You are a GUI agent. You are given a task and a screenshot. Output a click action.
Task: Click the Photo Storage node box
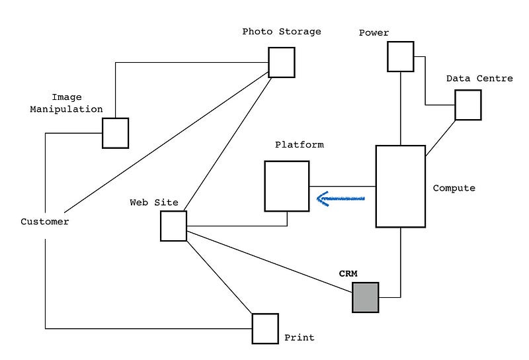[281, 62]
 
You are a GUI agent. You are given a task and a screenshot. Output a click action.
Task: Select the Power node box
[401, 56]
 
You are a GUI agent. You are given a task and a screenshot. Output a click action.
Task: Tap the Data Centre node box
[468, 105]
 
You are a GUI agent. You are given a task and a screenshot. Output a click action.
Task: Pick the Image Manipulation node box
[115, 133]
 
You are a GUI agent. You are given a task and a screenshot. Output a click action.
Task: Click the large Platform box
[287, 186]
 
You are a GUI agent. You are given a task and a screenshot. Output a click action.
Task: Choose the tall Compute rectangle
[400, 187]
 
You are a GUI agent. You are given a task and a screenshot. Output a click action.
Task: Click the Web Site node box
[173, 226]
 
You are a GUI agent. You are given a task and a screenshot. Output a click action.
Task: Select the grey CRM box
[365, 297]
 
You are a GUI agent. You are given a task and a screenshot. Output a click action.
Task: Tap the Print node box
[265, 328]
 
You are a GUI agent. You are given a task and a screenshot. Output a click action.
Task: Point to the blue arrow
[341, 198]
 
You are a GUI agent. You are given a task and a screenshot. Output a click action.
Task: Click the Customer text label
[44, 222]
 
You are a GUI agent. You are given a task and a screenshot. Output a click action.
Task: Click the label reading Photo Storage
[282, 31]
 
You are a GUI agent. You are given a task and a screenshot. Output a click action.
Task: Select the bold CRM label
[348, 273]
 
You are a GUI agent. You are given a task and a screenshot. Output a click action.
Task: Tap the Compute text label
[454, 188]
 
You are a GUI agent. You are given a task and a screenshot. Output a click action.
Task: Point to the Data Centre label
[479, 78]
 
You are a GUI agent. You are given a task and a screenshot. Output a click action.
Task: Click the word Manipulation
[66, 109]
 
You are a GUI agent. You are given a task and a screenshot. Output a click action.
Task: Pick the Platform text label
[300, 144]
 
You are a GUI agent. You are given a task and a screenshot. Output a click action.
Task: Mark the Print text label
[299, 337]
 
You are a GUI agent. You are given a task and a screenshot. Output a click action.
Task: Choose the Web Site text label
[154, 202]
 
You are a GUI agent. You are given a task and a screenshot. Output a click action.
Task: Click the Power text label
[374, 32]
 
